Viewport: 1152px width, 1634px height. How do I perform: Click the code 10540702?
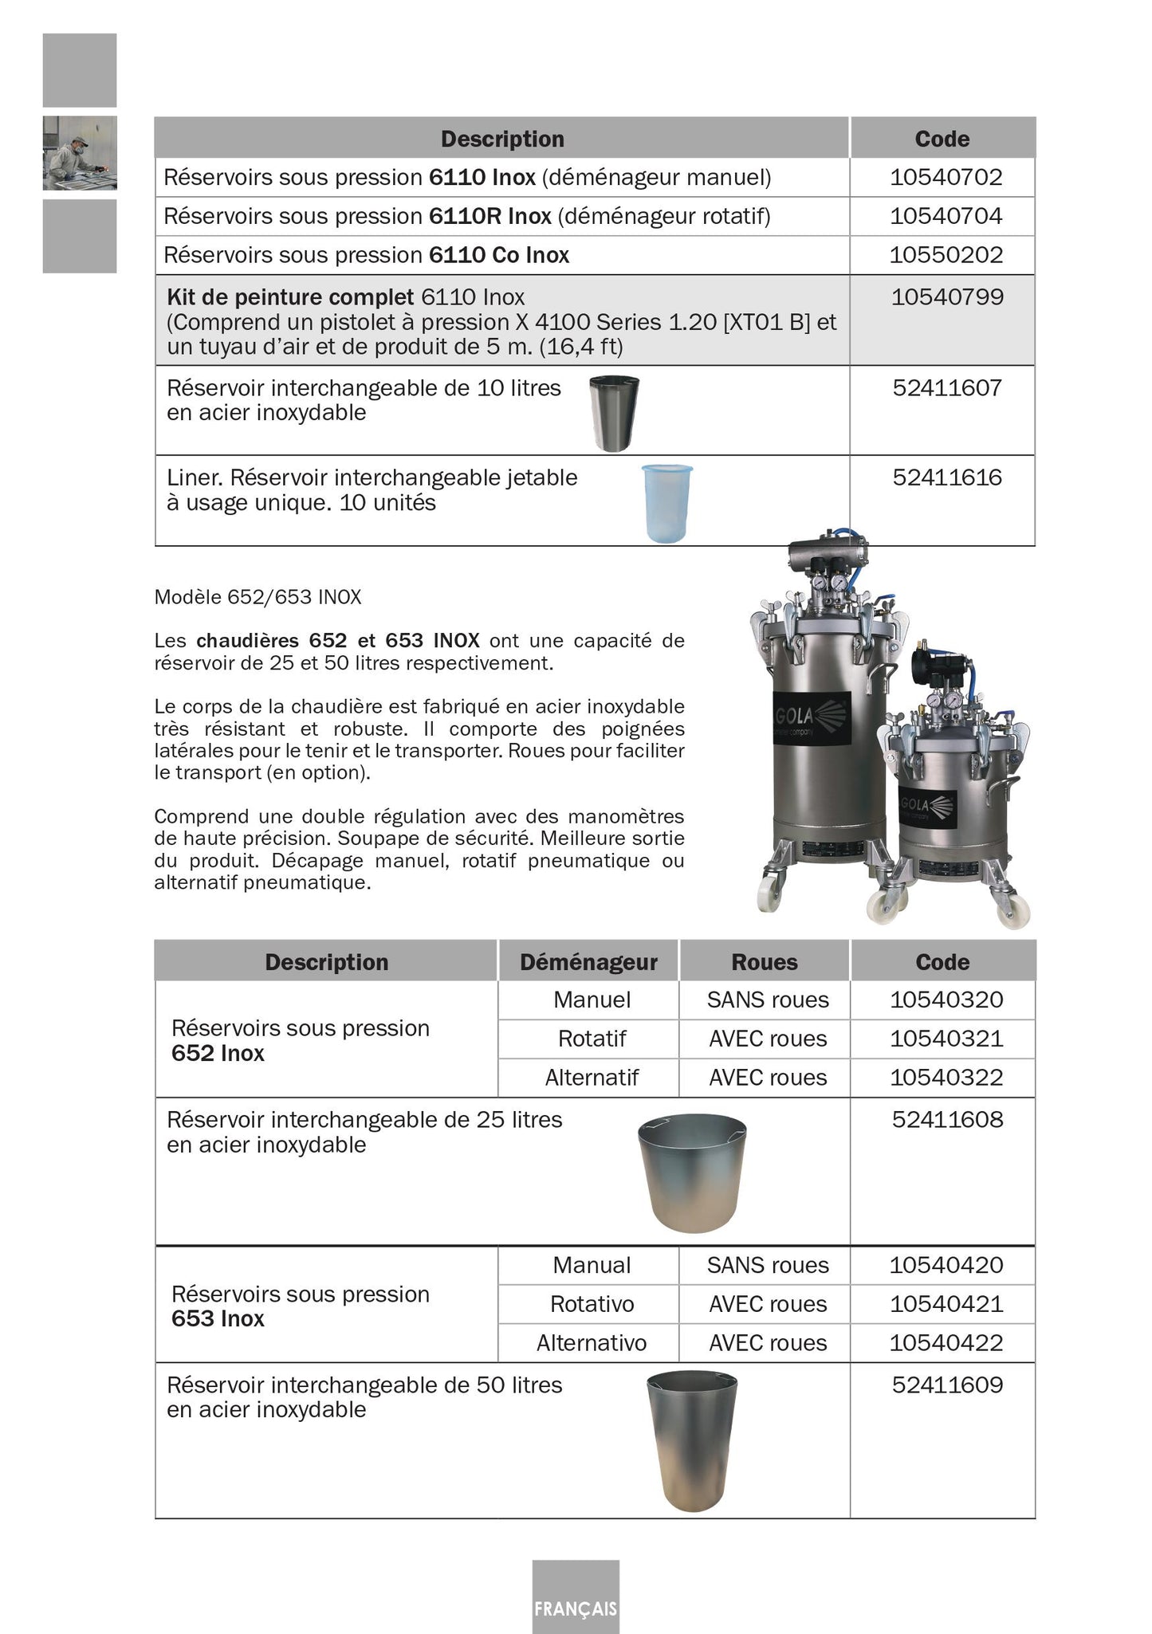tap(946, 177)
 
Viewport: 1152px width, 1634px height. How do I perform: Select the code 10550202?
tap(946, 255)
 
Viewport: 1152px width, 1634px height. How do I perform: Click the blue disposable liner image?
tap(667, 504)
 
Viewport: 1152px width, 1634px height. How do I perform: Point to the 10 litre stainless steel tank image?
tap(614, 413)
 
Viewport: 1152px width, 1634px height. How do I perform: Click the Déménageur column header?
tap(588, 962)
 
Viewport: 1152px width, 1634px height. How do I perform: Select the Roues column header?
tap(765, 962)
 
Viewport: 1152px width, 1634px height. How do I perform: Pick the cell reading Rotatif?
tap(592, 1039)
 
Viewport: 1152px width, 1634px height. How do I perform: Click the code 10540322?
tap(946, 1078)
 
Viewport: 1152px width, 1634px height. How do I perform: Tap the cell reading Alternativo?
tap(592, 1343)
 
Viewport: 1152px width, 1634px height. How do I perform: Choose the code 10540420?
tap(946, 1265)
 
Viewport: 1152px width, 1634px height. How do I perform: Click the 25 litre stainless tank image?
tap(693, 1172)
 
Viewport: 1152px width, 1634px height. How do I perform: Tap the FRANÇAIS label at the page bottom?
tap(576, 1608)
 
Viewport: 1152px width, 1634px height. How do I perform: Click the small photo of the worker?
tap(80, 153)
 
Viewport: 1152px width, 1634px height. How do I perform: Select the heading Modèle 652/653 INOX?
tap(258, 597)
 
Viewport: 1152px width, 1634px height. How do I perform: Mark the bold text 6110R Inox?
tap(490, 216)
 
